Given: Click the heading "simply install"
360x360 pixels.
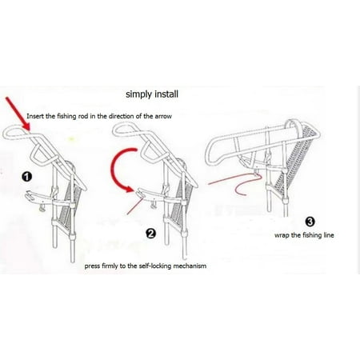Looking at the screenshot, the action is [152, 94].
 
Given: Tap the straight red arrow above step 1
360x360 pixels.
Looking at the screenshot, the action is [18, 114].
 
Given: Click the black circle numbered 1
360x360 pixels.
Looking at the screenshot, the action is [27, 177].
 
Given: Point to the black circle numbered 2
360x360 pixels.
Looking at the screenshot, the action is [150, 234].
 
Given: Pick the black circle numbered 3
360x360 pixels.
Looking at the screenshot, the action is [310, 222].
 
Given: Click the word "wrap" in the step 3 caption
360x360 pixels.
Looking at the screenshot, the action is [282, 235].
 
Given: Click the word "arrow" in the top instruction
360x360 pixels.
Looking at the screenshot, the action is [163, 116].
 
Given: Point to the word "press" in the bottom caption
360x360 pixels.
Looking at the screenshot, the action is [92, 266].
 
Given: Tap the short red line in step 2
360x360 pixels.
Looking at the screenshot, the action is [135, 206].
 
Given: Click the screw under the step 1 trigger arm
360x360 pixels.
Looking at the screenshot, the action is [42, 208].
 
